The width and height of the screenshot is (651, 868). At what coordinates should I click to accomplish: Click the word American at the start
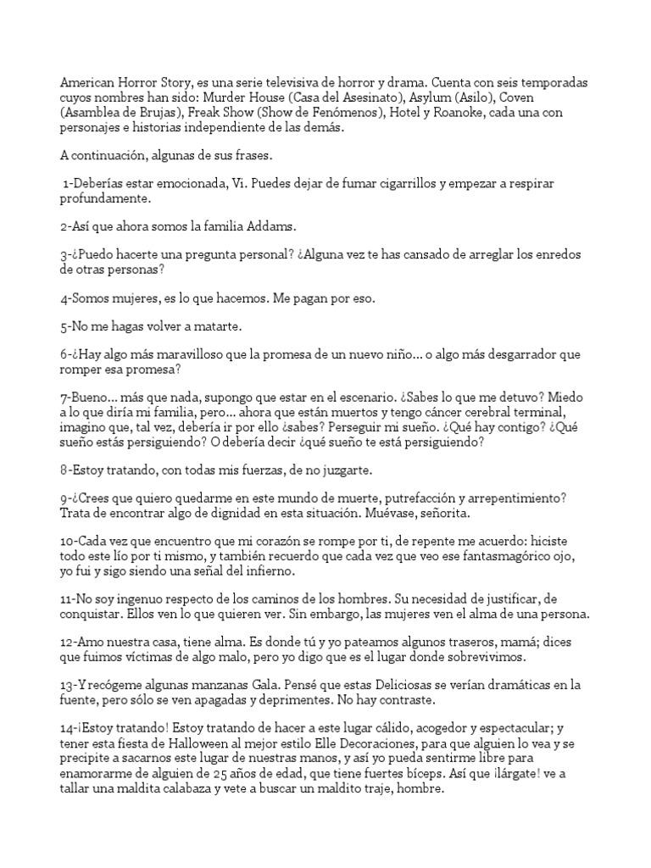pyautogui.click(x=87, y=85)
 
